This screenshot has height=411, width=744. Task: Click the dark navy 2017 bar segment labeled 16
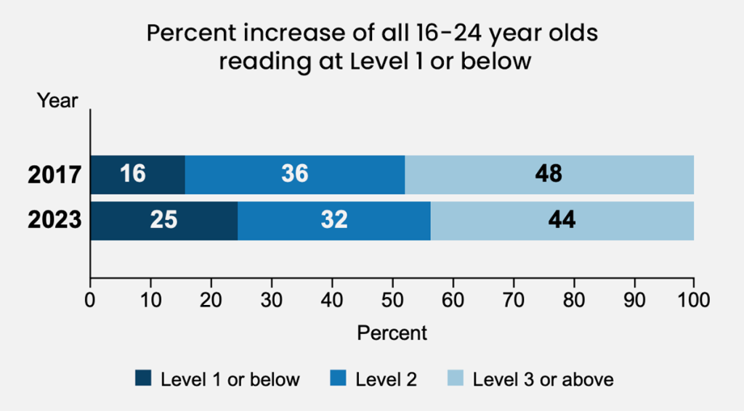coord(137,174)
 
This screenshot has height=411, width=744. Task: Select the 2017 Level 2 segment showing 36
coord(295,174)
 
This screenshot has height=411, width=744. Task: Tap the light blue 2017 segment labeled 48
coord(549,174)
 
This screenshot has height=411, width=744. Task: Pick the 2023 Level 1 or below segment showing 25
coord(163,220)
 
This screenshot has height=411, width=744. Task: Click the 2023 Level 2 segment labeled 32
coord(333,220)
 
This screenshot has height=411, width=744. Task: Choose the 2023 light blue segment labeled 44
coord(562,220)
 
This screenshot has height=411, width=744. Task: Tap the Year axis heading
coord(57,101)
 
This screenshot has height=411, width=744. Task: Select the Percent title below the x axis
coord(392,333)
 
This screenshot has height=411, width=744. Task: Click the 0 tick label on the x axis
coord(90,299)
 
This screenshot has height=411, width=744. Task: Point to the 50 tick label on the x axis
coord(392,299)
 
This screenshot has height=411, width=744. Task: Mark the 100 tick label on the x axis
coord(693,299)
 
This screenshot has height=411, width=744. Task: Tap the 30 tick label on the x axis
coord(272,299)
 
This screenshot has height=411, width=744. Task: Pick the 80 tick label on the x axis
coord(574,299)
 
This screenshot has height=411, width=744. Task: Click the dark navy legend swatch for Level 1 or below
coord(143,378)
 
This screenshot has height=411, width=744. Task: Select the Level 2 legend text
coord(386,379)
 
